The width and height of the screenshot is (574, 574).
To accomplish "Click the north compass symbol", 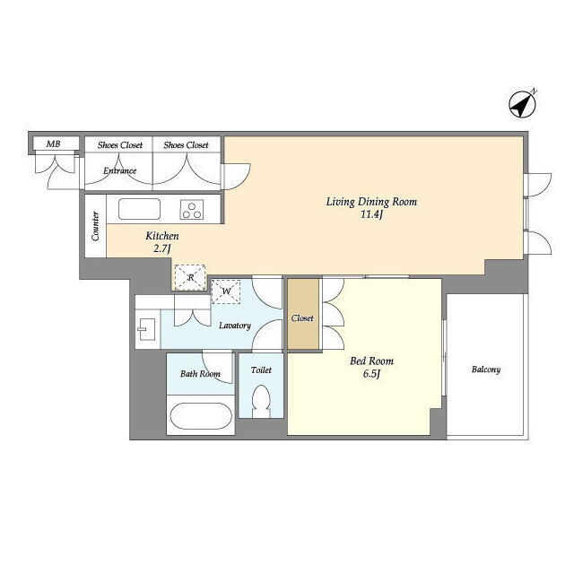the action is pyautogui.click(x=523, y=104).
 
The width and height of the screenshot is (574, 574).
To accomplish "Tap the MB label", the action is pyautogui.click(x=54, y=143).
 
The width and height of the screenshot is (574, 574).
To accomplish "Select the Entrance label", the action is pyautogui.click(x=119, y=170).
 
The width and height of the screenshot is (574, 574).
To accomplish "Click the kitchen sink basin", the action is pyautogui.click(x=139, y=209).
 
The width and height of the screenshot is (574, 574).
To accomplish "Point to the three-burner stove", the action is pyautogui.click(x=191, y=210).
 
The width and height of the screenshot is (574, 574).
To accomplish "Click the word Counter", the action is pyautogui.click(x=95, y=226).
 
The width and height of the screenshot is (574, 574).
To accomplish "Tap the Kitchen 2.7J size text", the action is pyautogui.click(x=161, y=248).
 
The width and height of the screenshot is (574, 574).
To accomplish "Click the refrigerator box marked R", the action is pyautogui.click(x=190, y=277).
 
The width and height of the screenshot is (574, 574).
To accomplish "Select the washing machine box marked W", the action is pyautogui.click(x=226, y=291).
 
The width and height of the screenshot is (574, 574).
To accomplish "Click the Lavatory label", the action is pyautogui.click(x=235, y=326).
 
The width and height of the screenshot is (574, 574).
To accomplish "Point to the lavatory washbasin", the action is pyautogui.click(x=147, y=329).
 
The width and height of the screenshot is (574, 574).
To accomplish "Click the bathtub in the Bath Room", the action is pyautogui.click(x=201, y=416).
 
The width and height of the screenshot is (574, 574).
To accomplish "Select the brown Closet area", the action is pyautogui.click(x=303, y=314).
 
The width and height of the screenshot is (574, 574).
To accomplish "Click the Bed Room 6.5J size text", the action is pyautogui.click(x=371, y=374).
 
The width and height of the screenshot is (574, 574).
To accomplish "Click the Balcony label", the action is pyautogui.click(x=486, y=370).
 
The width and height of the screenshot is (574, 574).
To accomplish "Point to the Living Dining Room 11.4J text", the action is pyautogui.click(x=371, y=208).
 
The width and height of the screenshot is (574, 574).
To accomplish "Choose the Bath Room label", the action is pyautogui.click(x=200, y=374).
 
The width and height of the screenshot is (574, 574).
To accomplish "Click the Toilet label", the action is pyautogui.click(x=261, y=370).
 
